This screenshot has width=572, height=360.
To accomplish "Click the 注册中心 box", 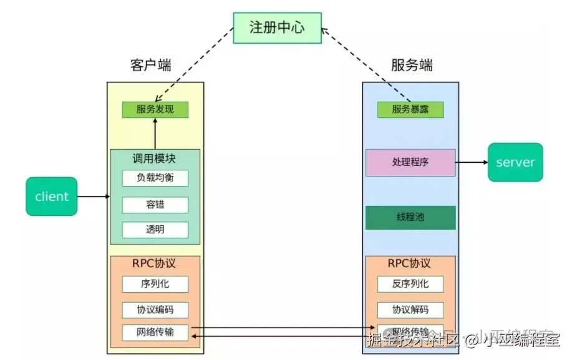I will click(278, 28).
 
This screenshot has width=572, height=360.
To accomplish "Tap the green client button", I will click(52, 197).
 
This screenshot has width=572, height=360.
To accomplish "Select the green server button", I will click(515, 162).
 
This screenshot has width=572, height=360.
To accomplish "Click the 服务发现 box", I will click(155, 110).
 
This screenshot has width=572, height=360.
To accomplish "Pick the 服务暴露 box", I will click(410, 110).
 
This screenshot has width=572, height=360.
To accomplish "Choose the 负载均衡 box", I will click(155, 178).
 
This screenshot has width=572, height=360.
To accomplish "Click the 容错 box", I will click(155, 205).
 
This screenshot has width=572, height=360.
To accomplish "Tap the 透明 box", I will click(155, 230).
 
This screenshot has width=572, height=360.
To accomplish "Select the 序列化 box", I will click(155, 284).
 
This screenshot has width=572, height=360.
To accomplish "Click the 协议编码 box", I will click(155, 309).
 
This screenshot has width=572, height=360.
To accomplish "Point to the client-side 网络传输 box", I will click(155, 332).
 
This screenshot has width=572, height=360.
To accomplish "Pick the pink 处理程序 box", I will click(410, 162).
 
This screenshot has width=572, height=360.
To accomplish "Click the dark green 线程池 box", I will click(410, 218).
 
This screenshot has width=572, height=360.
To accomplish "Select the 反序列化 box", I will click(410, 284).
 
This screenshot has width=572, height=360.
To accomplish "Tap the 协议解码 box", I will click(410, 309).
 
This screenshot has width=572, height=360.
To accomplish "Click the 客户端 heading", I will click(150, 66).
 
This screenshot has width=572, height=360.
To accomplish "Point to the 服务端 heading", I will click(412, 66).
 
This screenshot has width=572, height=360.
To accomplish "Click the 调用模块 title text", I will click(155, 158).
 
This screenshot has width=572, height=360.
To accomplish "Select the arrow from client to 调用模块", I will click(94, 197).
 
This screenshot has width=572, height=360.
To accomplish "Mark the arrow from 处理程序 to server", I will click(472, 162).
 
